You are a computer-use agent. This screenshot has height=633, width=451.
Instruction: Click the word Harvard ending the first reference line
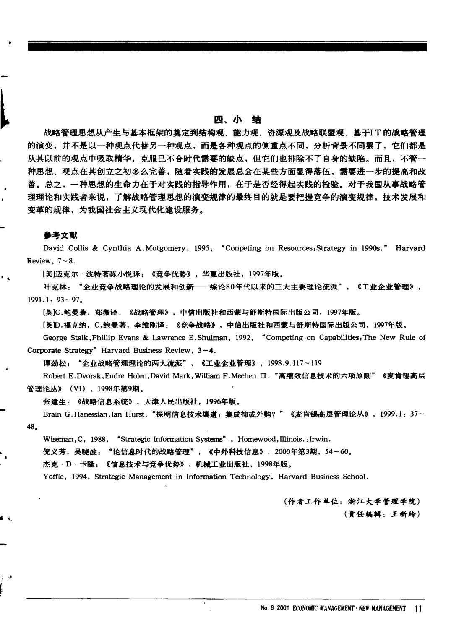410,248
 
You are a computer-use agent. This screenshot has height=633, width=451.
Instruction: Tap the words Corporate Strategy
59,350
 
